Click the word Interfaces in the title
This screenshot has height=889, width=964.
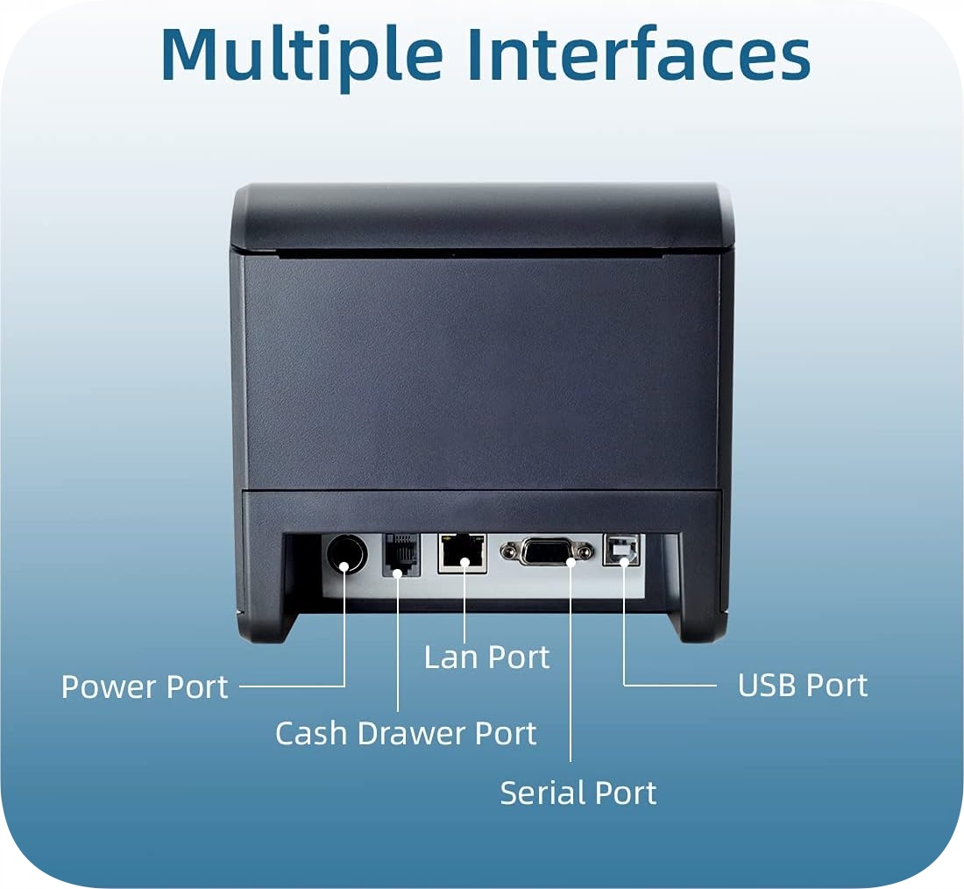(x=638, y=54)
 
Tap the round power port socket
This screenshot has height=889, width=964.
(x=344, y=553)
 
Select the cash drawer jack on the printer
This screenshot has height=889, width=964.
(x=400, y=554)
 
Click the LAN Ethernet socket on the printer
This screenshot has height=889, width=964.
(x=462, y=552)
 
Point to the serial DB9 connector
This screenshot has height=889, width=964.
(x=545, y=551)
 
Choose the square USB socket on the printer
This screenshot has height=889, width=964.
(x=621, y=550)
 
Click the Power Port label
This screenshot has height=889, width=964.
(x=145, y=686)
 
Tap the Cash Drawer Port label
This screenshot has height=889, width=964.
(x=406, y=733)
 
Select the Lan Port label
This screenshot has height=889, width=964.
(x=486, y=658)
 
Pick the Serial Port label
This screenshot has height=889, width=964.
(x=578, y=793)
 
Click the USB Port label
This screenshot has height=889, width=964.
(x=802, y=686)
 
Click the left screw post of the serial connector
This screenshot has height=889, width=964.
(x=508, y=551)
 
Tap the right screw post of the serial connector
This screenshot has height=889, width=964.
(x=582, y=552)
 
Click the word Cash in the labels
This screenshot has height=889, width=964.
(x=308, y=733)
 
